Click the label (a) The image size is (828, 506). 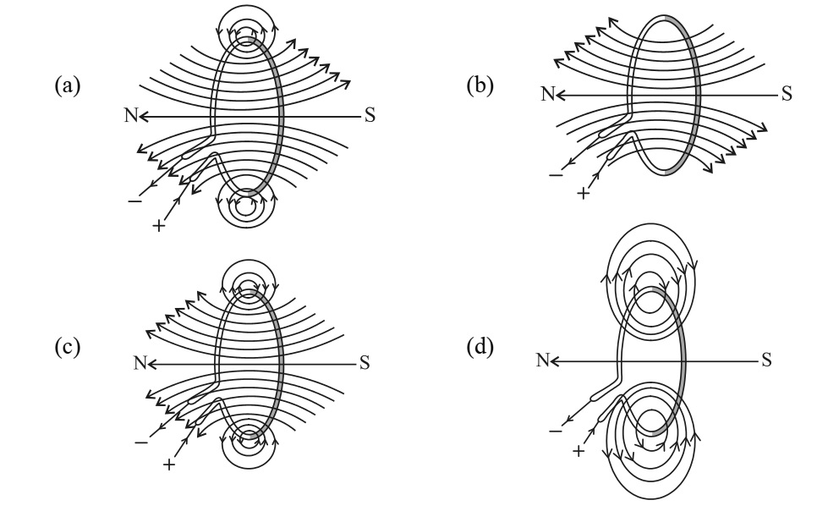pyautogui.click(x=68, y=85)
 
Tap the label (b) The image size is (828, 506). pyautogui.click(x=480, y=85)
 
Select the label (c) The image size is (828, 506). pyautogui.click(x=68, y=347)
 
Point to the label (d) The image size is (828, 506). pyautogui.click(x=480, y=347)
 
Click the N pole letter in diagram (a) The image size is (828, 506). pyautogui.click(x=131, y=115)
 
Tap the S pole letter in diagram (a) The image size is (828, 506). pyautogui.click(x=370, y=116)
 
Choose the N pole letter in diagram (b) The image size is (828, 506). pyautogui.click(x=548, y=94)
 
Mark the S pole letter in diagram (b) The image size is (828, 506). pyautogui.click(x=787, y=94)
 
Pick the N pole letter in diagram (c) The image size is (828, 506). pyautogui.click(x=140, y=363)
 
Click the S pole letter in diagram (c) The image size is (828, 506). pyautogui.click(x=365, y=363)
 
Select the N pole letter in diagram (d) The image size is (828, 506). pyautogui.click(x=543, y=360)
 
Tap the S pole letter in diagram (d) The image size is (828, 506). pyautogui.click(x=767, y=360)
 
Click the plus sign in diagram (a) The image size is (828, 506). pyautogui.click(x=158, y=226)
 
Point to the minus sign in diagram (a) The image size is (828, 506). pyautogui.click(x=134, y=201)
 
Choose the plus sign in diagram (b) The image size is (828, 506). pyautogui.click(x=583, y=194)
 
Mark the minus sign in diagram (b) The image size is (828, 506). pyautogui.click(x=557, y=174)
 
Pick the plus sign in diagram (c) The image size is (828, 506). pyautogui.click(x=168, y=465)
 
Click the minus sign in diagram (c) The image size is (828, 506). pyautogui.click(x=141, y=442)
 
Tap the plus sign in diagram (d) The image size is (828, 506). pyautogui.click(x=579, y=451)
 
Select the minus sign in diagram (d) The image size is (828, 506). pyautogui.click(x=556, y=431)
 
